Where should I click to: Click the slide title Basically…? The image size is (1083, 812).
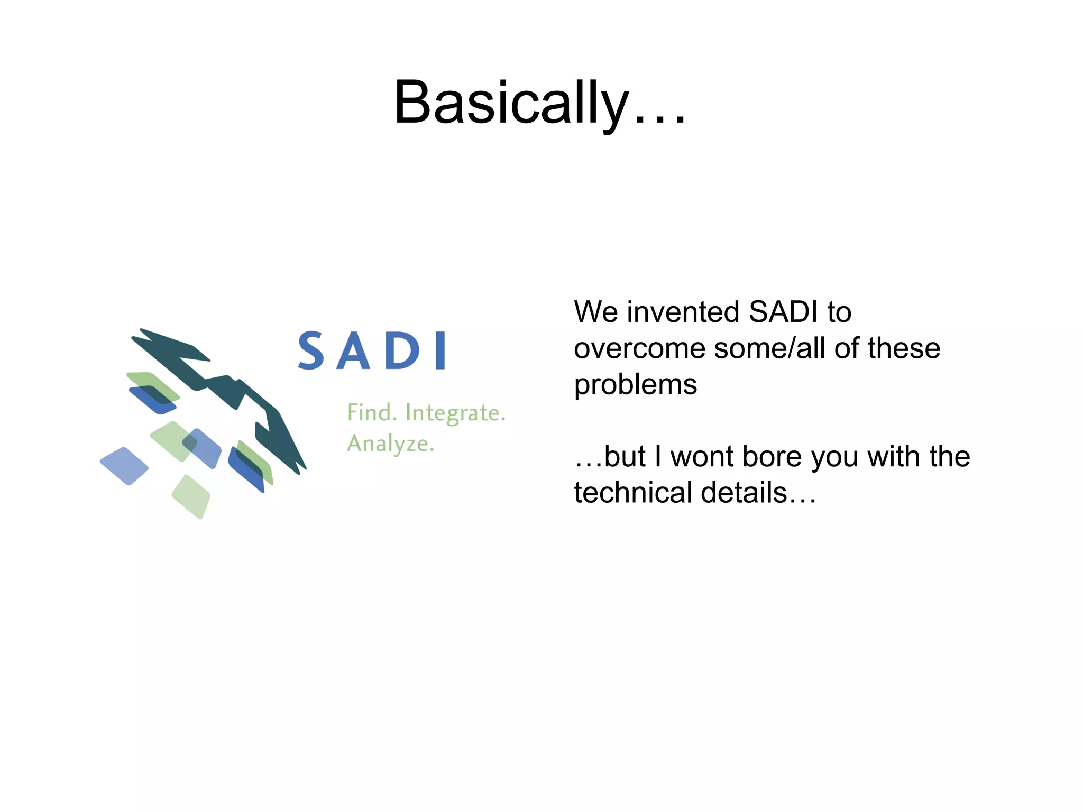539,103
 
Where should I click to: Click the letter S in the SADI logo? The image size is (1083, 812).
311,350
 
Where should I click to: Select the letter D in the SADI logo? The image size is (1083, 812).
402,351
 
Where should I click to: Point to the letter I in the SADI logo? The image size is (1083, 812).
440,351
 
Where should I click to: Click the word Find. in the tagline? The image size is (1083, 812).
372,413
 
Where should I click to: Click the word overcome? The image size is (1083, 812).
640,349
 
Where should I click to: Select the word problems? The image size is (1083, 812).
635,385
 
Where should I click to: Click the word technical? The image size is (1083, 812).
634,493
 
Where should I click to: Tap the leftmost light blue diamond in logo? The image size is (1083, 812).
124,466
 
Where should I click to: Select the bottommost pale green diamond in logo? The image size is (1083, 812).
191,496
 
